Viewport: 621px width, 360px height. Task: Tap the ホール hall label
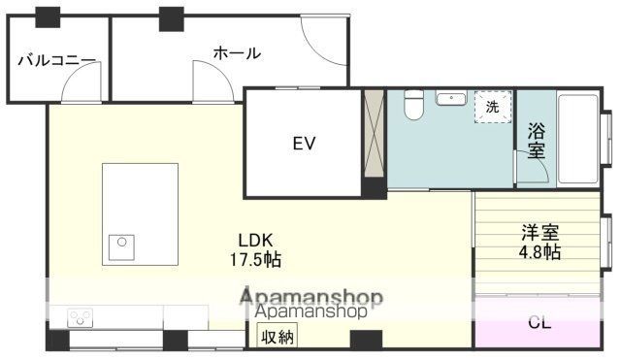[x=237, y=52]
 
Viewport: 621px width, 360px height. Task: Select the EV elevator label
[x=304, y=144]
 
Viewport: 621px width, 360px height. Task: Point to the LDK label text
[x=255, y=240]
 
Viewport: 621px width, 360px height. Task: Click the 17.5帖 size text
[x=255, y=260]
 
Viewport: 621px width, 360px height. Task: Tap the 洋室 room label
[x=539, y=233]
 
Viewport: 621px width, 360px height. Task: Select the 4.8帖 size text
[x=539, y=252]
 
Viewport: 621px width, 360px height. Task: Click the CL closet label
[x=539, y=323]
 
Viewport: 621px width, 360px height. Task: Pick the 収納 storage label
[x=278, y=337]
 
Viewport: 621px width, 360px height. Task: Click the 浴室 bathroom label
[x=536, y=141]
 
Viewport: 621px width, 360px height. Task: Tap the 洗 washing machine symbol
[x=493, y=107]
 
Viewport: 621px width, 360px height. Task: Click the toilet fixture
[x=414, y=105]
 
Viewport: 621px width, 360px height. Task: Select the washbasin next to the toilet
[x=451, y=98]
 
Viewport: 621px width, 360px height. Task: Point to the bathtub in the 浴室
[x=577, y=139]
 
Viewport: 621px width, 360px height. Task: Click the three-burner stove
[x=80, y=318]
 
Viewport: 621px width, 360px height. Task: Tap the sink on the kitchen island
[x=121, y=247]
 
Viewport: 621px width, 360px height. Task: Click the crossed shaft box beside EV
[x=374, y=134]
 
